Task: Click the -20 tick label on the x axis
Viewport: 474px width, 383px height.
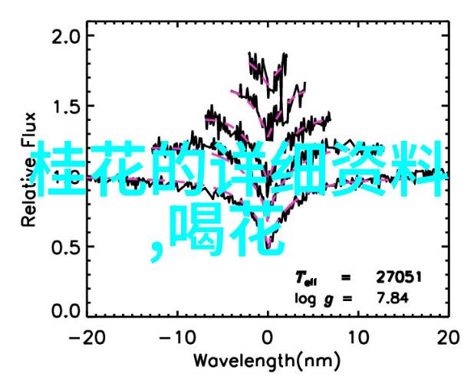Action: coord(87,336)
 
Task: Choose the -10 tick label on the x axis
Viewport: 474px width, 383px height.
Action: coord(176,336)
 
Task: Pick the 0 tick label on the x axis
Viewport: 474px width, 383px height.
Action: coord(267,336)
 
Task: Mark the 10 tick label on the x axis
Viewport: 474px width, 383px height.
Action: coord(356,336)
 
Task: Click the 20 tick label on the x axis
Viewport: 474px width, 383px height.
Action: coord(446,336)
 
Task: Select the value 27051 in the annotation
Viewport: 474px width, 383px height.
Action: coord(400,277)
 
